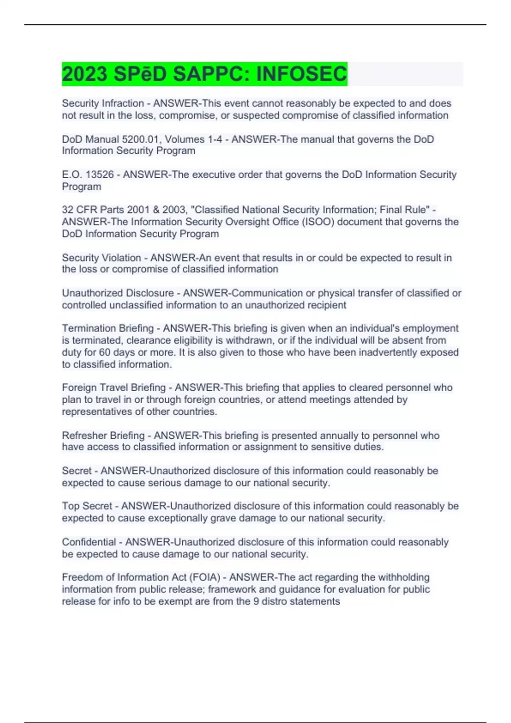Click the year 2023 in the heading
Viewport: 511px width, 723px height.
[84, 74]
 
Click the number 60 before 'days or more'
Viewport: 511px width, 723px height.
[105, 352]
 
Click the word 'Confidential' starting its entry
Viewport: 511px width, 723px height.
[89, 542]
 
